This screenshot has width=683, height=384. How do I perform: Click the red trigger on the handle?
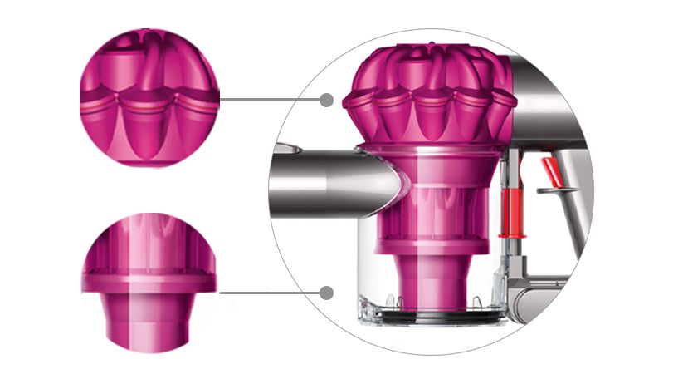click(550, 172)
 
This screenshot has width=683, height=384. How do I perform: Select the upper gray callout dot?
click(326, 100)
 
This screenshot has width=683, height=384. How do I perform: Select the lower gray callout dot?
click(327, 293)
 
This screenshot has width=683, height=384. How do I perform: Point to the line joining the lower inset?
click(270, 293)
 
